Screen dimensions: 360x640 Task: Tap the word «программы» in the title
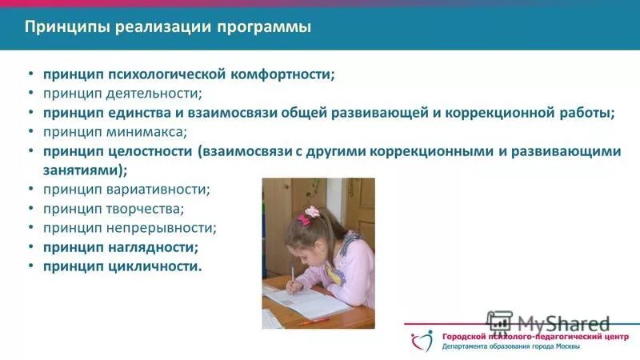click(x=270, y=28)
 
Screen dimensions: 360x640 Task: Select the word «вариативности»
click(x=152, y=190)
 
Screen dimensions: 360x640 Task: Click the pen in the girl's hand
click(x=293, y=278)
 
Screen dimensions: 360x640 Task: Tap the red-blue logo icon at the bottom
click(x=422, y=341)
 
